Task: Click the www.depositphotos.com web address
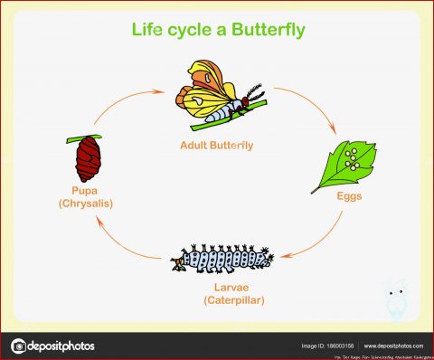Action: point(392,346)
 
